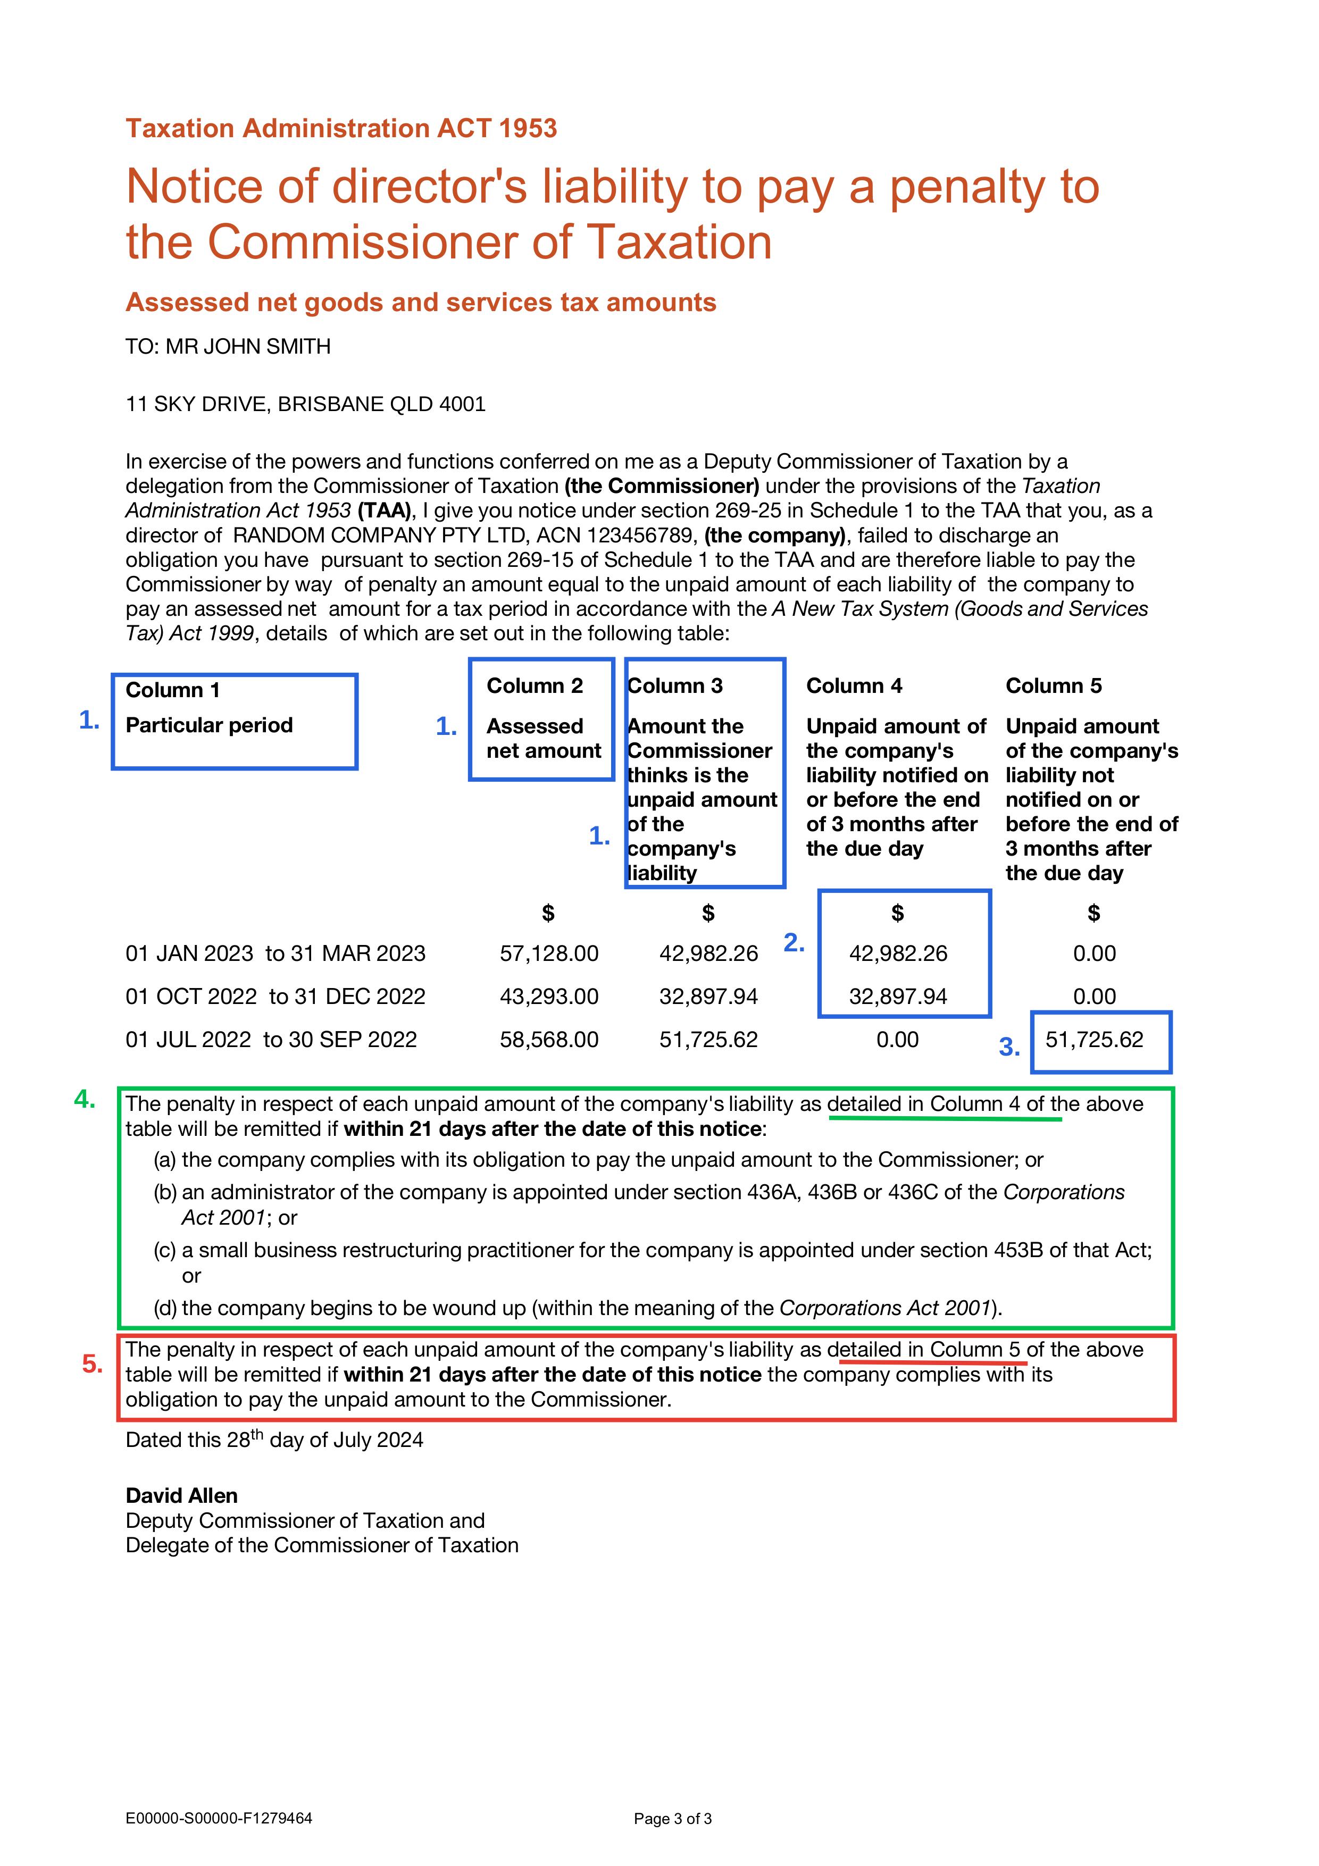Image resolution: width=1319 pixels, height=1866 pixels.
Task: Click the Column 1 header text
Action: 172,690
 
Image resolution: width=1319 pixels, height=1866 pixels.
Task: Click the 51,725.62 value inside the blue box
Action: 1094,1040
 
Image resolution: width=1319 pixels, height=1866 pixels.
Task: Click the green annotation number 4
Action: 85,1100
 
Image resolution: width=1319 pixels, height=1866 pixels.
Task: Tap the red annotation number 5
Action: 92,1364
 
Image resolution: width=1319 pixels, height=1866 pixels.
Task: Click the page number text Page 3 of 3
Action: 672,1819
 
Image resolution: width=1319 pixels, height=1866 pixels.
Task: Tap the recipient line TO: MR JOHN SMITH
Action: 228,347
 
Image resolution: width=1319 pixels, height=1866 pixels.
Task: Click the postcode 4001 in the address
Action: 462,404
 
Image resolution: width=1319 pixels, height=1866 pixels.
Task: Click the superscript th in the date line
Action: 257,1434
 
